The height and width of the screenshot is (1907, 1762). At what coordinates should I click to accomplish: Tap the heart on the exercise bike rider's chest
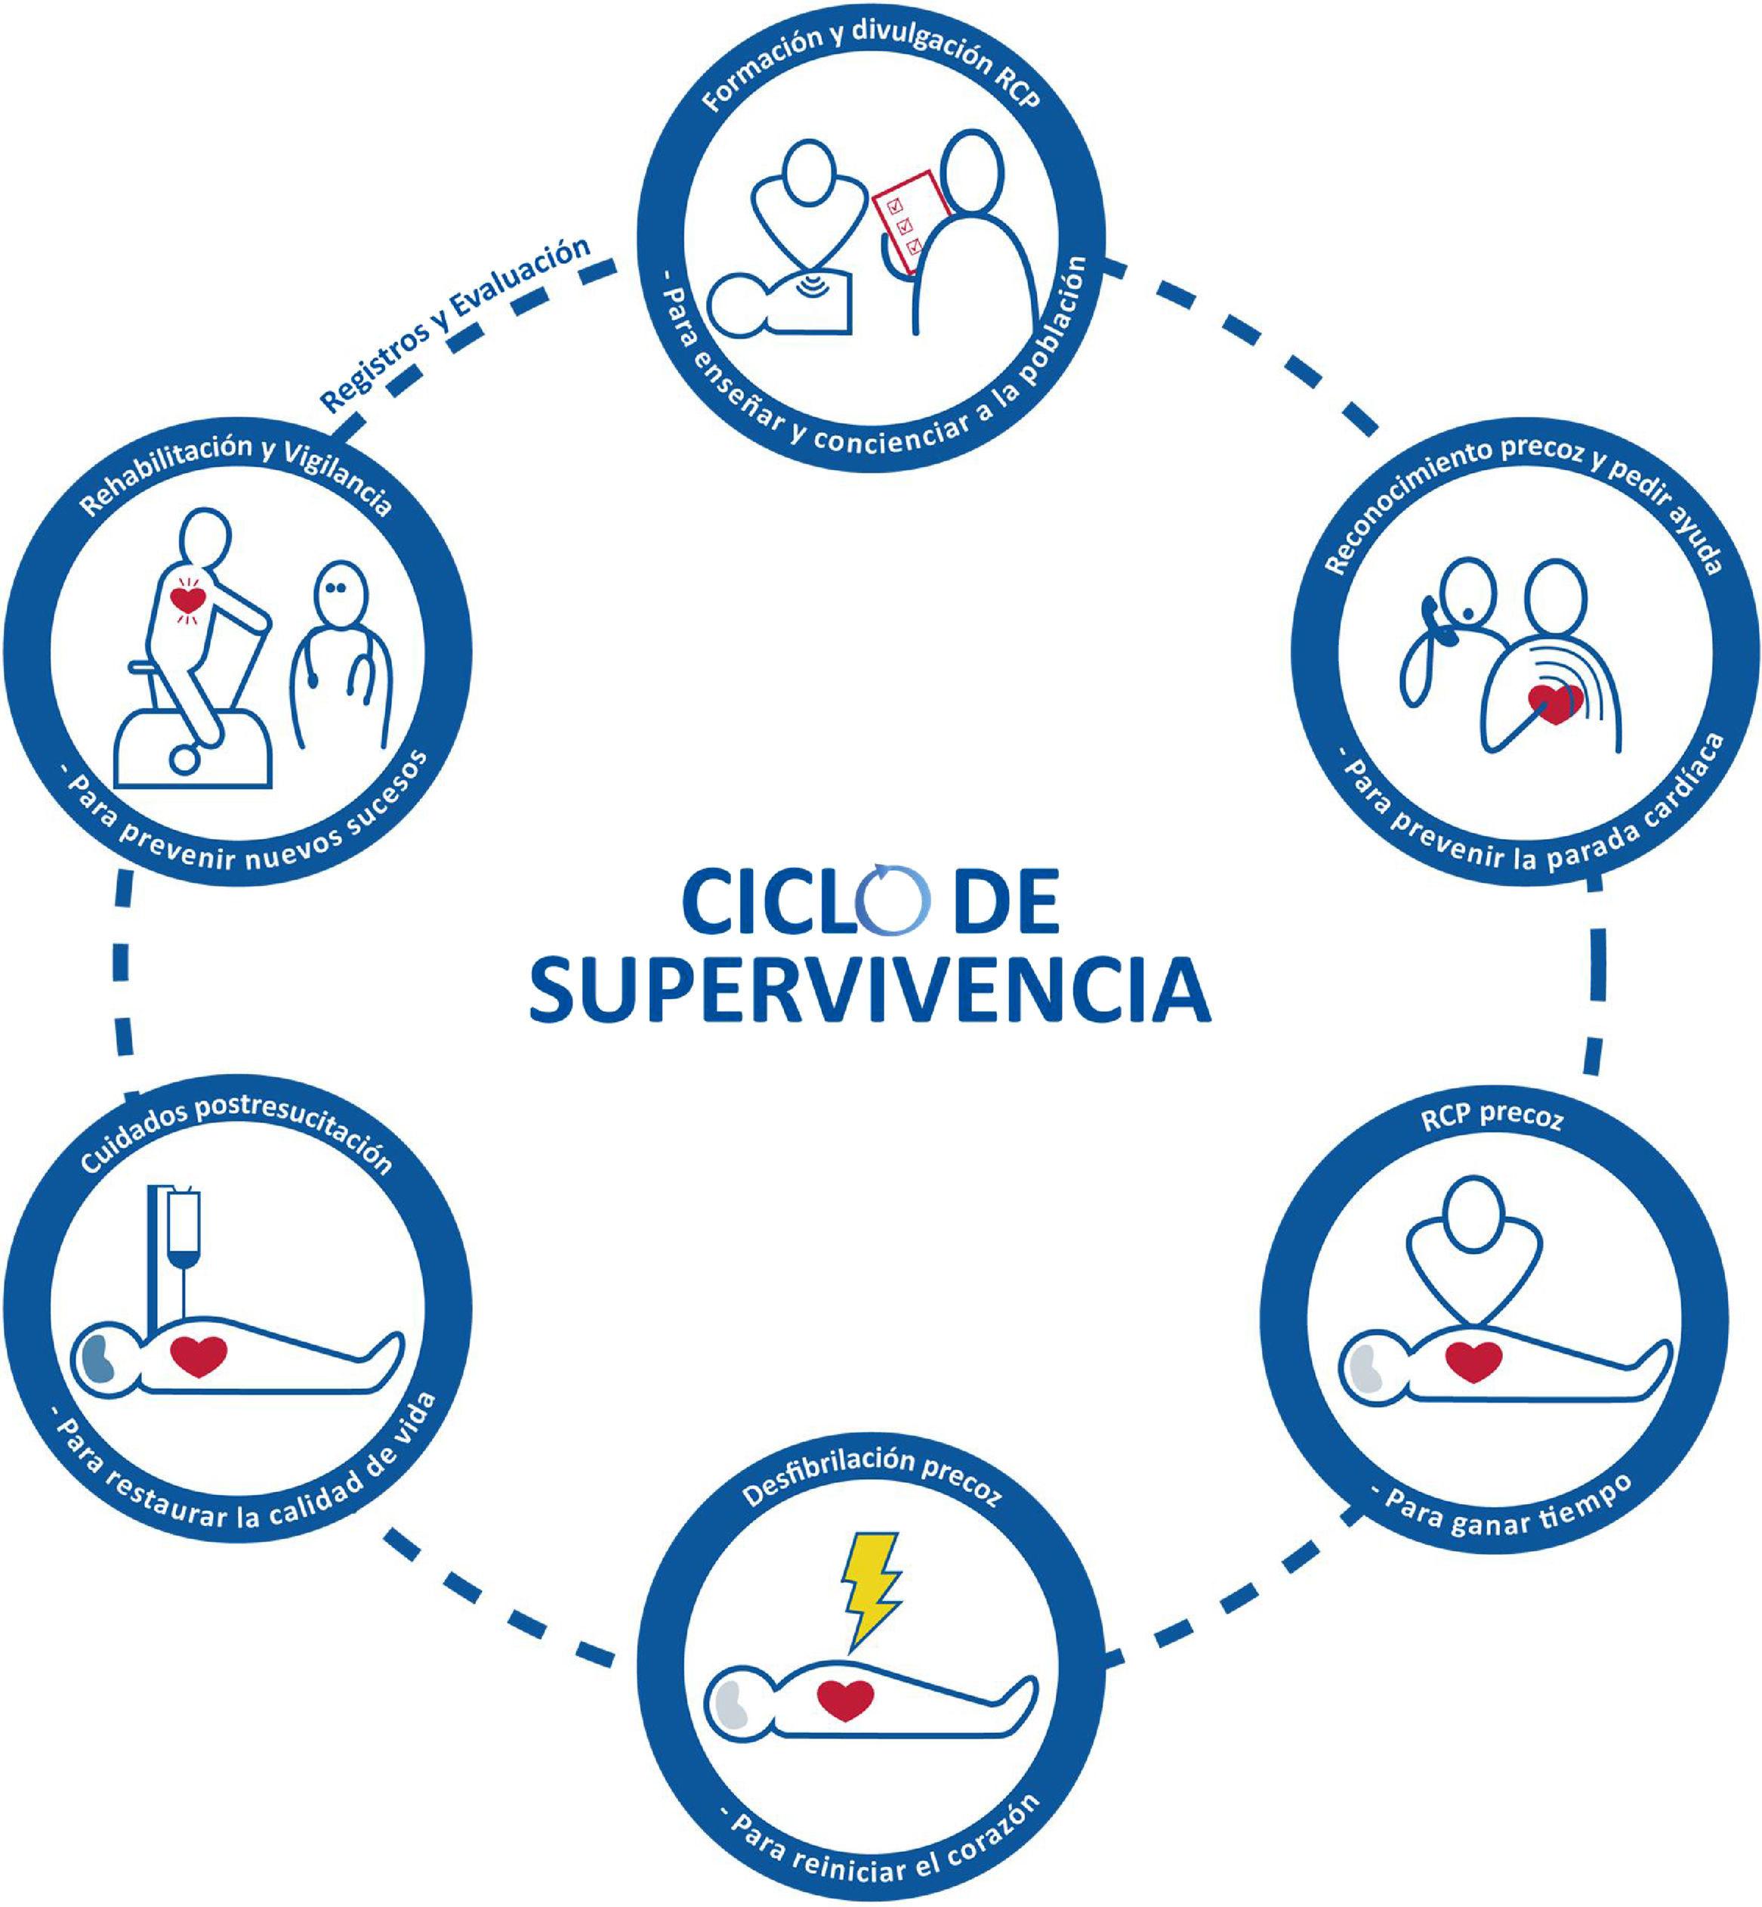(187, 600)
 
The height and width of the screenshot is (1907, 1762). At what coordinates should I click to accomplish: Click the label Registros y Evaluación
(455, 324)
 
